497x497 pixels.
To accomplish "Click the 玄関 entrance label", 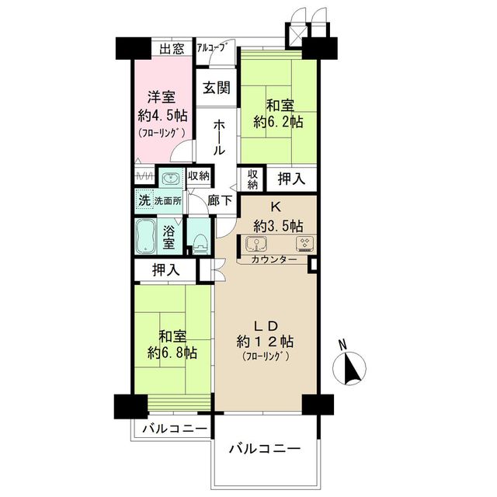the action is point(217,88).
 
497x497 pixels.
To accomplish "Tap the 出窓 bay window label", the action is point(172,49).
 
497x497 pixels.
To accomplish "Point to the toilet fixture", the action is point(200,244).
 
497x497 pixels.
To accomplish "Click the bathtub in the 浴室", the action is point(146,236).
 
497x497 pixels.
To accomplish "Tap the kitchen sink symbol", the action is point(256,243).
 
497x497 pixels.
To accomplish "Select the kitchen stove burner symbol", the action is point(305,244).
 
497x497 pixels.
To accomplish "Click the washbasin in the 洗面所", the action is point(171,179).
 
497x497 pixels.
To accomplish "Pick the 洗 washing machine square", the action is point(144,200).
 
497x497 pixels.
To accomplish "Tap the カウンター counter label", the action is point(274,259).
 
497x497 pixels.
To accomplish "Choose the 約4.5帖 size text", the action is point(162,116).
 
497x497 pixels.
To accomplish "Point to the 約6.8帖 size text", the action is point(172,353).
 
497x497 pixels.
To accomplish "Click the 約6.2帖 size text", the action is point(278,121).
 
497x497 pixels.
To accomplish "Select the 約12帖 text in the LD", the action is point(266,342).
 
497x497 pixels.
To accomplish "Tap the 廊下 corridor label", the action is point(220,200).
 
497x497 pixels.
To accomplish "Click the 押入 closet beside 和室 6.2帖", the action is point(291,179).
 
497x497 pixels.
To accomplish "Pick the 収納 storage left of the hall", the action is point(199,176).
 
